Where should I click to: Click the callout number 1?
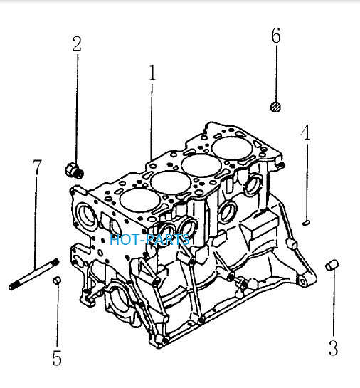pyautogui.click(x=152, y=73)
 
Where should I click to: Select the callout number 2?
pyautogui.click(x=77, y=44)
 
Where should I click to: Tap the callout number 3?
pyautogui.click(x=333, y=348)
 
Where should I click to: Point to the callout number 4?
pyautogui.click(x=306, y=132)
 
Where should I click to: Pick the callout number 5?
pyautogui.click(x=57, y=358)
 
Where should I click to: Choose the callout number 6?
pyautogui.click(x=276, y=36)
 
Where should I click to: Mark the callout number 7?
pyautogui.click(x=37, y=167)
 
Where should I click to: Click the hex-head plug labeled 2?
pyautogui.click(x=74, y=170)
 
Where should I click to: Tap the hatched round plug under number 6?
pyautogui.click(x=275, y=107)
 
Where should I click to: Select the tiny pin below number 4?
pyautogui.click(x=307, y=223)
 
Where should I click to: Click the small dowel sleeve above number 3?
pyautogui.click(x=332, y=265)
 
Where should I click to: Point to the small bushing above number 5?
pyautogui.click(x=57, y=280)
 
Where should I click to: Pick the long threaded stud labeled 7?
pyautogui.click(x=34, y=274)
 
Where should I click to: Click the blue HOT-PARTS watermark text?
pyautogui.click(x=149, y=239)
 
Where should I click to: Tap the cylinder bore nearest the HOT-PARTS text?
pyautogui.click(x=139, y=201)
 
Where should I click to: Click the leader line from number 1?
pyautogui.click(x=152, y=122)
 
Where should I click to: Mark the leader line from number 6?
pyautogui.click(x=276, y=73)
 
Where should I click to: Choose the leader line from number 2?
pyautogui.click(x=77, y=109)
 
